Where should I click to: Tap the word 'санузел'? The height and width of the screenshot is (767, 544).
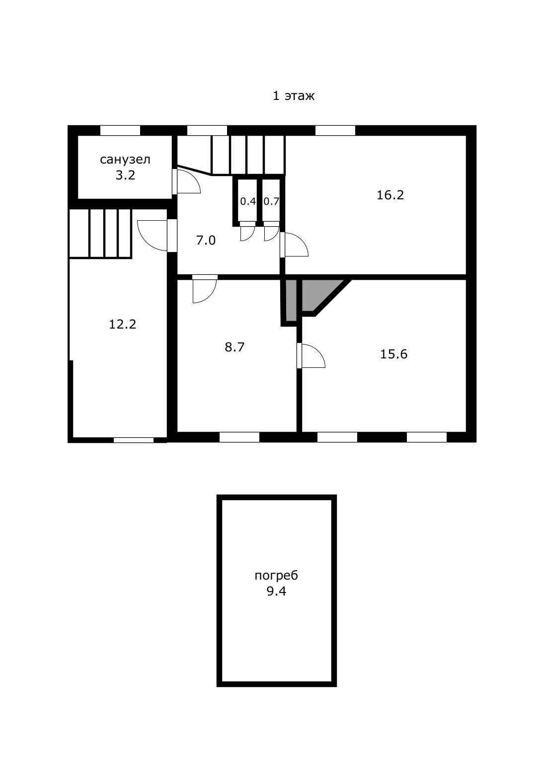125,160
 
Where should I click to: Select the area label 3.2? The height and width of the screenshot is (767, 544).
125,175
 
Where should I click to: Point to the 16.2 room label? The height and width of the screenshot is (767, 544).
390,195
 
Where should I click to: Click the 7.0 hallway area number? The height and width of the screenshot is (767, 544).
206,241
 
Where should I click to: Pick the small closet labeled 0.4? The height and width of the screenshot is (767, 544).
248,201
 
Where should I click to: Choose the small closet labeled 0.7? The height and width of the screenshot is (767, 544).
271,201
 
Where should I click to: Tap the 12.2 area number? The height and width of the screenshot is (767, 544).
123,324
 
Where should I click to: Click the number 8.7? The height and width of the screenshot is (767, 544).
234,347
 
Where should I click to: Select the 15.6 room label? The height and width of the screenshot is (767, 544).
393,354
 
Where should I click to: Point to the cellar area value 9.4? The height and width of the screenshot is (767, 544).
276,592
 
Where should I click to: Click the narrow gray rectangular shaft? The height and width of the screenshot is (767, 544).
291,300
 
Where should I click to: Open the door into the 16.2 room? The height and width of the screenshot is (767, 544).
294,245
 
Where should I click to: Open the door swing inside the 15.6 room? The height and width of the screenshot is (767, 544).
311,355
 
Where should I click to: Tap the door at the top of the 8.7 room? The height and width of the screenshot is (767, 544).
205,289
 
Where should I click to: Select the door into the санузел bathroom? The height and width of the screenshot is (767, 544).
186,181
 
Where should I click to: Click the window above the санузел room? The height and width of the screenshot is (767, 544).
120,130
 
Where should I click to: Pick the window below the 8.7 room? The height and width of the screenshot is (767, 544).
239,437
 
